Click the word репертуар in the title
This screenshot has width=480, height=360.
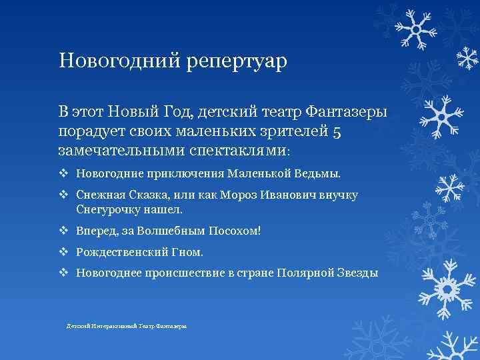233,62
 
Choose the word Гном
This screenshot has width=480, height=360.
188,252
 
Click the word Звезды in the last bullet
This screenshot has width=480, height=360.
356,273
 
